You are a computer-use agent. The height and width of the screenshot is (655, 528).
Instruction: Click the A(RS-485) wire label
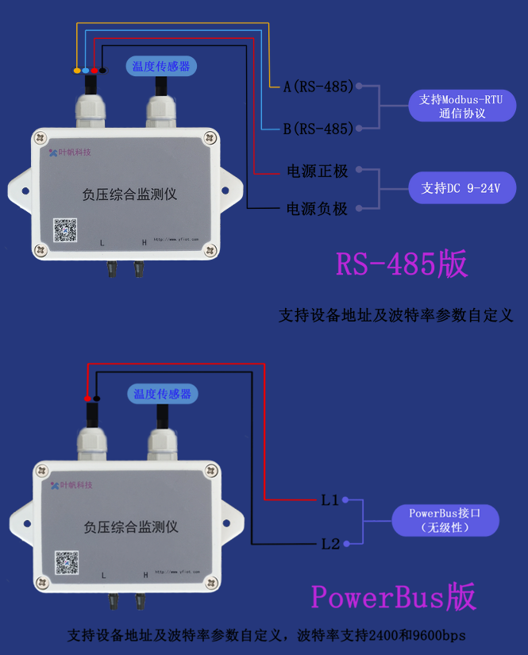coord(318,87)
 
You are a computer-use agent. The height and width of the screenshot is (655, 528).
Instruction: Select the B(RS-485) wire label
coord(318,129)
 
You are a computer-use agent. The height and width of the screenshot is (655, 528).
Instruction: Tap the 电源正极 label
coord(317,171)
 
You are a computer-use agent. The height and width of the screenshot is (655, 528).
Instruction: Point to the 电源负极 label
coord(317,210)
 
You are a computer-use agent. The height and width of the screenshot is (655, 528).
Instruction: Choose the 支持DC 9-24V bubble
coord(462,189)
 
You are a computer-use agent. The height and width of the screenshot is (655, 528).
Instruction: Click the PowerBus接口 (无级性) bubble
coord(445,520)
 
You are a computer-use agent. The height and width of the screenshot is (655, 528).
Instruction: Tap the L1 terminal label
coord(330,500)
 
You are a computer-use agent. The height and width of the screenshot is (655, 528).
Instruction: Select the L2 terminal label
coord(330,544)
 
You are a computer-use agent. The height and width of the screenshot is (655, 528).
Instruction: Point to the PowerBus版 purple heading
coord(393,596)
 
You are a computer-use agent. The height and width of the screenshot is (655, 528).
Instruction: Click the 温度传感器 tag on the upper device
coord(161,67)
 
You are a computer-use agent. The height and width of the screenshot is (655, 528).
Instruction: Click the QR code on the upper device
coord(65,230)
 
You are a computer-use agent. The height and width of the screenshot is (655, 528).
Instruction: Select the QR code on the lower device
coord(67,562)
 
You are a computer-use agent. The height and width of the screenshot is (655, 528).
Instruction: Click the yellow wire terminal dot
coord(77,71)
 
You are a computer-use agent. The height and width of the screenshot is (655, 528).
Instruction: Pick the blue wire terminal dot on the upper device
coord(86,71)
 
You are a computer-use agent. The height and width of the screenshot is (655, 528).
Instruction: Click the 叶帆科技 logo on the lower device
coord(71,485)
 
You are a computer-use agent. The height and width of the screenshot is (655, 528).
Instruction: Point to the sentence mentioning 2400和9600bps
coord(266,636)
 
